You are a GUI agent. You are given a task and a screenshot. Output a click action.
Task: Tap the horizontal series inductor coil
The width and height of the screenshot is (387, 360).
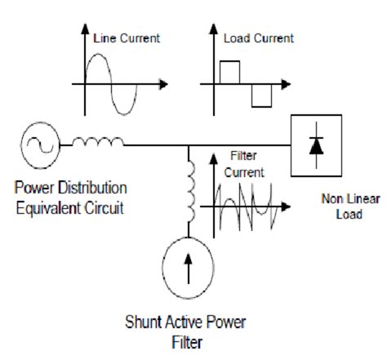(x=98, y=144)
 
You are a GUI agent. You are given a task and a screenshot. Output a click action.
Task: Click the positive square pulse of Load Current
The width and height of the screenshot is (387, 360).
(x=229, y=72)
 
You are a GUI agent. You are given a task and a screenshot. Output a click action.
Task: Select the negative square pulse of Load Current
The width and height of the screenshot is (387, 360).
(x=260, y=95)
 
